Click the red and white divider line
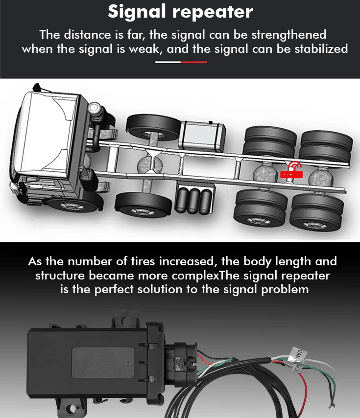(181, 62)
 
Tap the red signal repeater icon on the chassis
(291, 170)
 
